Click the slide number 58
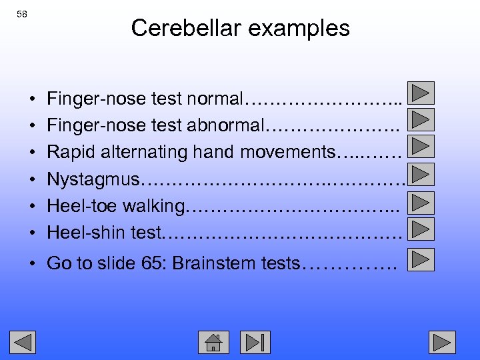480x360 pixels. pos(22,14)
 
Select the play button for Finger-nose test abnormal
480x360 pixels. pos(420,120)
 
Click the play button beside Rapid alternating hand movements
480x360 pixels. pos(420,147)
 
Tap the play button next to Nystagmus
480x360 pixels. pos(420,174)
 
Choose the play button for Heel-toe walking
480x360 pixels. pos(420,201)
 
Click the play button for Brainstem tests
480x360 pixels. pos(420,259)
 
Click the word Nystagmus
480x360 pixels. pos(93,179)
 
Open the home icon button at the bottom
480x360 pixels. pos(213,341)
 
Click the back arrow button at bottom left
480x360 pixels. pos(22,341)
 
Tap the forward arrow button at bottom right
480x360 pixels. pos(442,341)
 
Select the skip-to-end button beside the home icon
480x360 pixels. pos(255,341)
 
